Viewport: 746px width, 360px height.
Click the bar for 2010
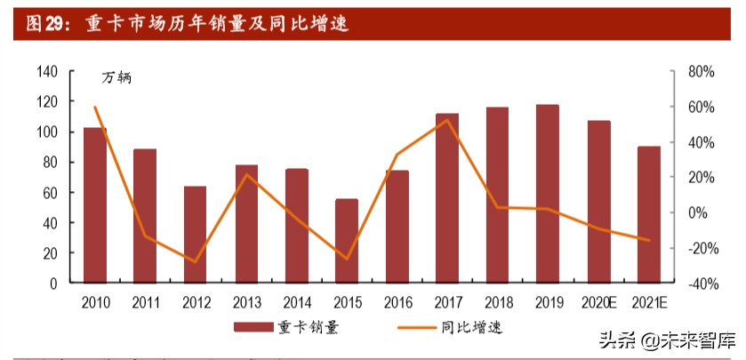point(95,204)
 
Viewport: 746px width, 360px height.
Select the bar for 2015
point(347,240)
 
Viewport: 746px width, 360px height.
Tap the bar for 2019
point(548,193)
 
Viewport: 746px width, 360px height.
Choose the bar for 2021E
point(649,214)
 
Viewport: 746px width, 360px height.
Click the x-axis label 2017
point(447,302)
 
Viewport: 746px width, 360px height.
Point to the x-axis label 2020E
point(599,302)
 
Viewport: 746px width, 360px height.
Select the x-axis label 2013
point(246,302)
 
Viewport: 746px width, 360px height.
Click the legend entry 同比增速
point(471,327)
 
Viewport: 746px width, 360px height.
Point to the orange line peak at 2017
point(447,120)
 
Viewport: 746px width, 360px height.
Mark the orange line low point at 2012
point(196,261)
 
